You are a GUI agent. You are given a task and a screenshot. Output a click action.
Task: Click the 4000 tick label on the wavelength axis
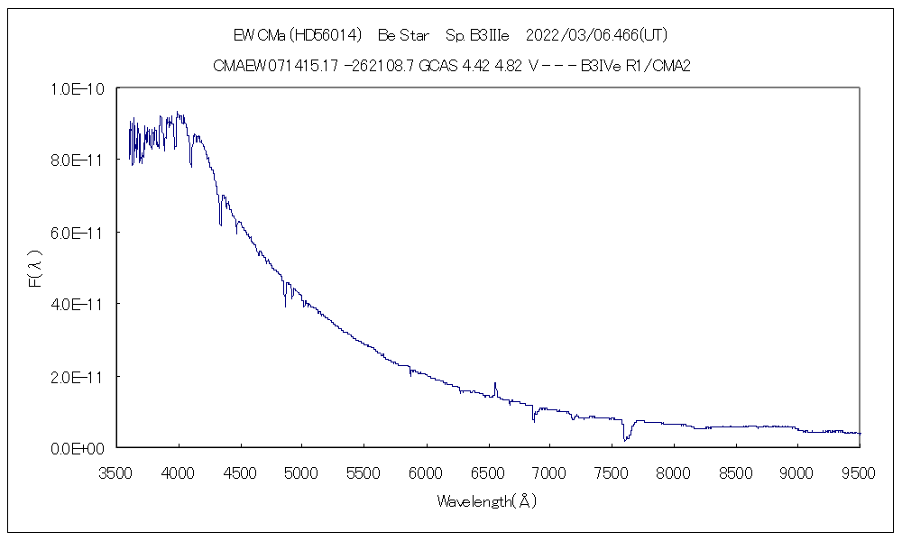click(x=179, y=472)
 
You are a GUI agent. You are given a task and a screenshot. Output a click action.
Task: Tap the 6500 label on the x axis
click(x=488, y=472)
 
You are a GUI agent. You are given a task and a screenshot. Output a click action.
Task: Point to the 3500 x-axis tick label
click(x=117, y=472)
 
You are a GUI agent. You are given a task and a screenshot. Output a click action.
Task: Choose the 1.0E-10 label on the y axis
click(x=80, y=88)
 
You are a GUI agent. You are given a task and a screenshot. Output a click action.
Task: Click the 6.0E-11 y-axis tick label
click(x=80, y=233)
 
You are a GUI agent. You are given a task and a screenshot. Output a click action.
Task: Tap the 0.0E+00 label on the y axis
click(x=80, y=448)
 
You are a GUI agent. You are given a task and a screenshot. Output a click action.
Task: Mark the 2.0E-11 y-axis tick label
click(x=80, y=376)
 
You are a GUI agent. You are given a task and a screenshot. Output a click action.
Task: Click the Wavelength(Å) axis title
click(x=487, y=501)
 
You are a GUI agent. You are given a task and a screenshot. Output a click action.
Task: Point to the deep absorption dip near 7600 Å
click(x=625, y=439)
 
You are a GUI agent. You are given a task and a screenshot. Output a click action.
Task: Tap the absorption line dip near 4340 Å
click(x=220, y=222)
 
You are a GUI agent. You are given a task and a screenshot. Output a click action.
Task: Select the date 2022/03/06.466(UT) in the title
click(x=596, y=36)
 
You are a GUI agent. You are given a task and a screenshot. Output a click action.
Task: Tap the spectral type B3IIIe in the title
click(x=489, y=36)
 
